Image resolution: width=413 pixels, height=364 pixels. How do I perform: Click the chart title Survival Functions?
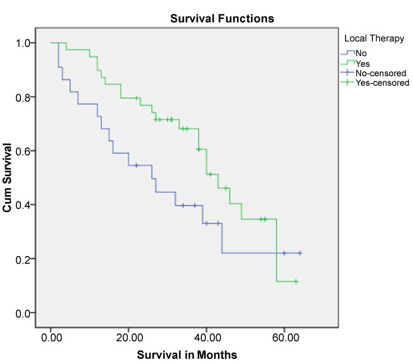click(222, 18)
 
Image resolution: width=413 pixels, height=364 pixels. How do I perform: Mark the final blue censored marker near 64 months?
click(300, 253)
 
